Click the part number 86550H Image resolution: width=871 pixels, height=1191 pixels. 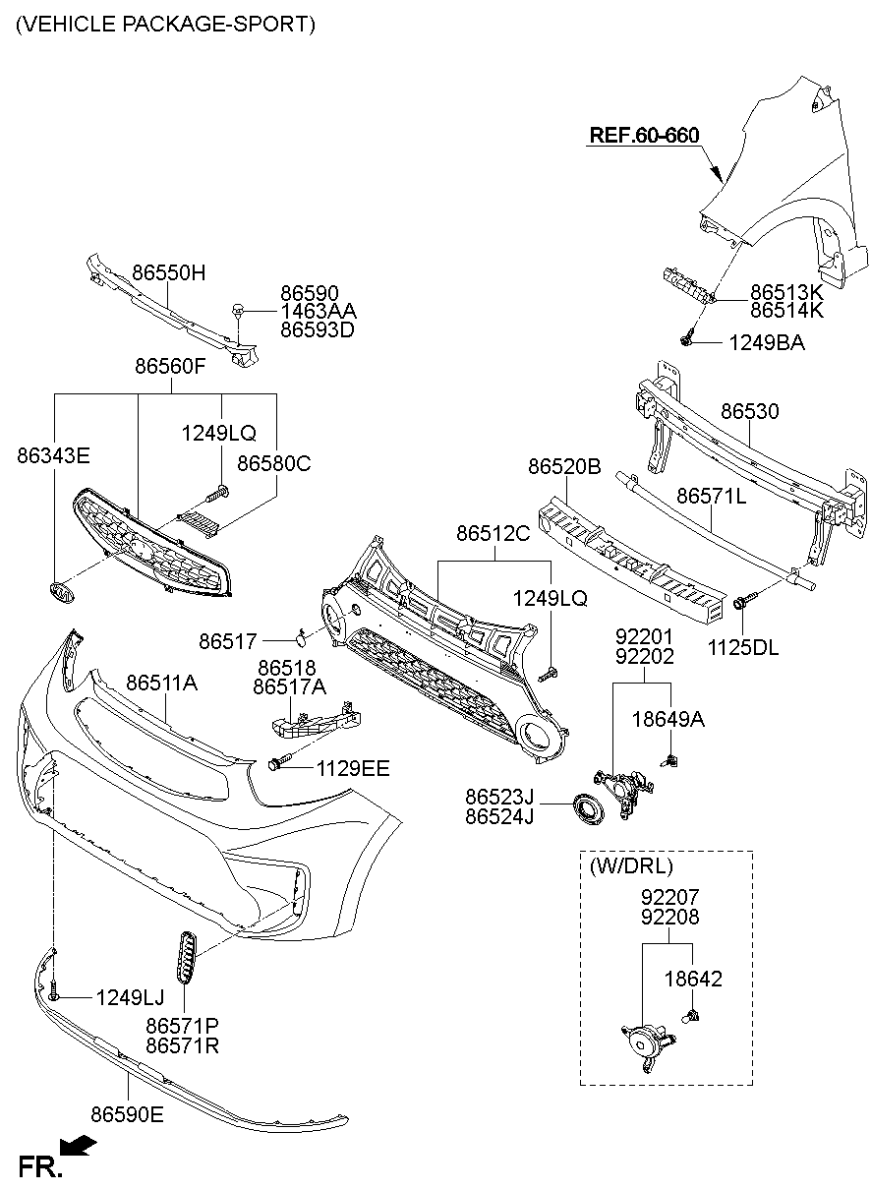click(x=169, y=272)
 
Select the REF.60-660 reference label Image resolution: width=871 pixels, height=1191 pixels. click(x=644, y=135)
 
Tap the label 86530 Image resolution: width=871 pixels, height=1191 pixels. click(x=749, y=411)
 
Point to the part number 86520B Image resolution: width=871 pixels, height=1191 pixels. click(x=564, y=467)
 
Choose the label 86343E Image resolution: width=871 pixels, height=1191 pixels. click(x=53, y=455)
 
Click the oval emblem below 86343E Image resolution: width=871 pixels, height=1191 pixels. click(x=61, y=593)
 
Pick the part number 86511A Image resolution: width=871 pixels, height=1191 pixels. click(x=161, y=682)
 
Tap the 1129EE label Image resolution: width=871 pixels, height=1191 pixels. click(x=352, y=767)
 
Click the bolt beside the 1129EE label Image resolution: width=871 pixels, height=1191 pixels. click(x=279, y=763)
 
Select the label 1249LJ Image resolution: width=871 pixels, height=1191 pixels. click(x=130, y=997)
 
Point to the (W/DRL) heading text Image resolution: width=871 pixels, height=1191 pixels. click(x=631, y=866)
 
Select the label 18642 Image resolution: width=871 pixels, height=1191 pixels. click(x=694, y=979)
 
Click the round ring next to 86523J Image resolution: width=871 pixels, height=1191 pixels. click(x=590, y=807)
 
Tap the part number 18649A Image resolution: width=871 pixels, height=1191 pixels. click(x=668, y=719)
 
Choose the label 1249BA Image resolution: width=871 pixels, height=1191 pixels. click(x=766, y=342)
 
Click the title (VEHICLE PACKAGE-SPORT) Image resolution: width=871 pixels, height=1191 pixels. click(x=165, y=25)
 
